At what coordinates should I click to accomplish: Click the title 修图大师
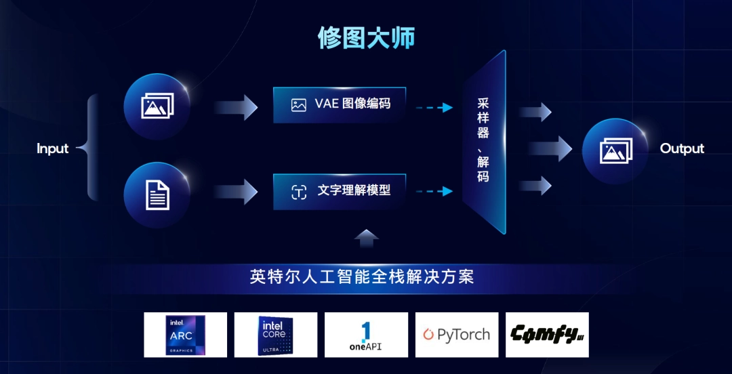point(366,38)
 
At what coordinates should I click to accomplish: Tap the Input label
point(52,148)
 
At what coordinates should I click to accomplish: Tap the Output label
point(682,148)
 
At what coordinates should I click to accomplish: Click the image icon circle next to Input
point(157,106)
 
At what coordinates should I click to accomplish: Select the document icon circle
point(157,195)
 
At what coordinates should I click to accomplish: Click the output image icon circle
point(615,151)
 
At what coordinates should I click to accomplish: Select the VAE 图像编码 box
point(340,105)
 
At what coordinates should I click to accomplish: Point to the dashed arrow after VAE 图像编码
point(434,107)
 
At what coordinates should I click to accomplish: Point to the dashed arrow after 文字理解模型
point(434,192)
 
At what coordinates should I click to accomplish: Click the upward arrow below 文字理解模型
point(367,238)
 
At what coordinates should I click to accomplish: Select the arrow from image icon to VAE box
point(236,107)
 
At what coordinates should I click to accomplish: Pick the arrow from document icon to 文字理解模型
point(236,192)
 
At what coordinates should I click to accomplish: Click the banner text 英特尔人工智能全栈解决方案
point(361,278)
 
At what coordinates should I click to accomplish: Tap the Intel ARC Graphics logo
point(185,335)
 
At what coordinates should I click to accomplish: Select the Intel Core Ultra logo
point(276,335)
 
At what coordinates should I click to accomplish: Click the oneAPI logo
point(366,335)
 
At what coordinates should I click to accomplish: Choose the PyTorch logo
point(457,335)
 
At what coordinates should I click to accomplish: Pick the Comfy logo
point(547,335)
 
